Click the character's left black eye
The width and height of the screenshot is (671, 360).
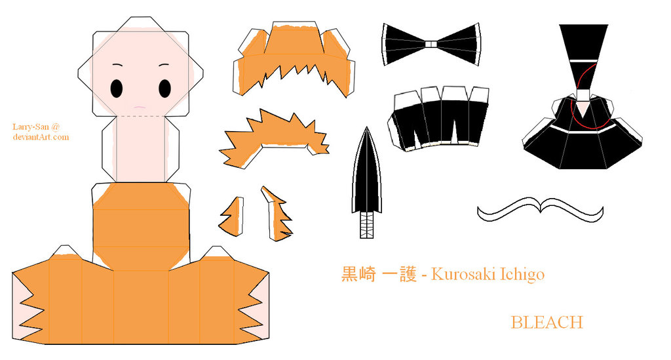pyautogui.click(x=117, y=89)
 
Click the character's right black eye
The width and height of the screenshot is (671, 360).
pyautogui.click(x=164, y=89)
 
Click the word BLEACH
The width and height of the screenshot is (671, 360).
pyautogui.click(x=547, y=323)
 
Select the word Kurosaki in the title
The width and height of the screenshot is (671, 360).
pyautogui.click(x=460, y=274)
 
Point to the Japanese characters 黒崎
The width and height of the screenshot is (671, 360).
pyautogui.click(x=358, y=274)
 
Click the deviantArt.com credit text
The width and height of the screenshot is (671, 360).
pyautogui.click(x=41, y=137)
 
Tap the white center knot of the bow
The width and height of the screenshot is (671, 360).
pyautogui.click(x=431, y=44)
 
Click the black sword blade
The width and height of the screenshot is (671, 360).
pyautogui.click(x=366, y=171)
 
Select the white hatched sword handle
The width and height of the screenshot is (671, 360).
pyautogui.click(x=366, y=225)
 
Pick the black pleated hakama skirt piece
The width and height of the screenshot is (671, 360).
pyautogui.click(x=438, y=119)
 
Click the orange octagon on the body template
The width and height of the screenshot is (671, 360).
pyautogui.click(x=141, y=227)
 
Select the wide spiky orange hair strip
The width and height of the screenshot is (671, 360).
pyautogui.click(x=274, y=138)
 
